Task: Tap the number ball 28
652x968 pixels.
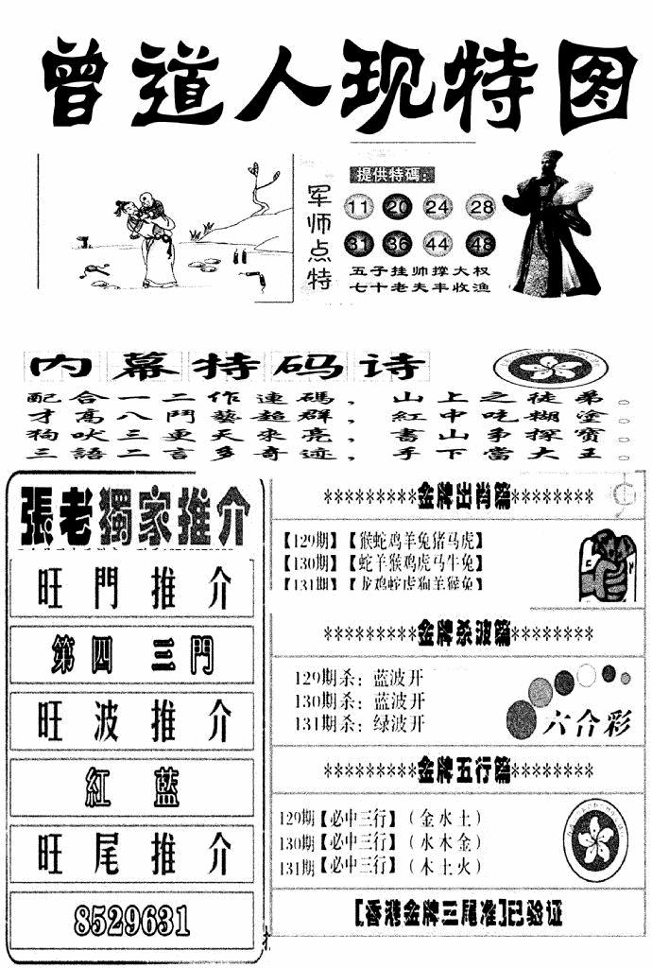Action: [482, 208]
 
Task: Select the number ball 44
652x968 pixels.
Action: [440, 246]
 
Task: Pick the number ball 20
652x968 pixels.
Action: [400, 208]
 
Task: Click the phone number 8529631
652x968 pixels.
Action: [131, 918]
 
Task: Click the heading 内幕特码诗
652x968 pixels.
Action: [227, 366]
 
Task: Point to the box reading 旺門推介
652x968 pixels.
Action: [133, 590]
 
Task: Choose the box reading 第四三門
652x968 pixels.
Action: [133, 655]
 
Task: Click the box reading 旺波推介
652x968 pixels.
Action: [133, 722]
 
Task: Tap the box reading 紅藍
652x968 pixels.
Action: [133, 787]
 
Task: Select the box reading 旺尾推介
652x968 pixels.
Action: [133, 856]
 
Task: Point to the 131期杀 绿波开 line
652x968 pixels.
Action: [360, 723]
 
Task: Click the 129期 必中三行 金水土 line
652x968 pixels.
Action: [383, 818]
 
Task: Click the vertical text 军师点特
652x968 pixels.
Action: [321, 236]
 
